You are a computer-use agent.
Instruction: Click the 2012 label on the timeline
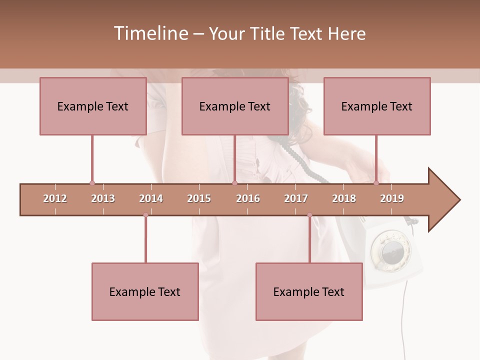tap(55, 198)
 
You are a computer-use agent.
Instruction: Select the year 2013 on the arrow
tap(103, 198)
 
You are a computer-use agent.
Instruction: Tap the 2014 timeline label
tap(151, 198)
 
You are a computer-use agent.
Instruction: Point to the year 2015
tap(199, 198)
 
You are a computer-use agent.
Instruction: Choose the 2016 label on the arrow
tap(248, 198)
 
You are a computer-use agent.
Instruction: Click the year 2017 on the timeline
tap(296, 198)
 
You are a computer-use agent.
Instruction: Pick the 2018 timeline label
tap(344, 198)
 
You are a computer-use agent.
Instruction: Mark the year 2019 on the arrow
tap(392, 198)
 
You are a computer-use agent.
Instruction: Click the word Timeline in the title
tap(150, 33)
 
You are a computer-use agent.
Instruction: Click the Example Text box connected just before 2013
tap(93, 106)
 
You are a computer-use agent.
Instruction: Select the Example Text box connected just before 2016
tap(235, 106)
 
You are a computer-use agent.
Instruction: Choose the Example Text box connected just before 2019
tap(377, 106)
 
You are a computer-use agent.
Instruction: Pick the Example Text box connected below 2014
tap(145, 291)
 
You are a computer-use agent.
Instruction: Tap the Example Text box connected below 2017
tap(309, 291)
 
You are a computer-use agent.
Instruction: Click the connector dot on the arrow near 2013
tap(92, 183)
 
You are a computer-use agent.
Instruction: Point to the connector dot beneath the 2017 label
tap(309, 215)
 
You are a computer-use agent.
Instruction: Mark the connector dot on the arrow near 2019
tap(376, 183)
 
